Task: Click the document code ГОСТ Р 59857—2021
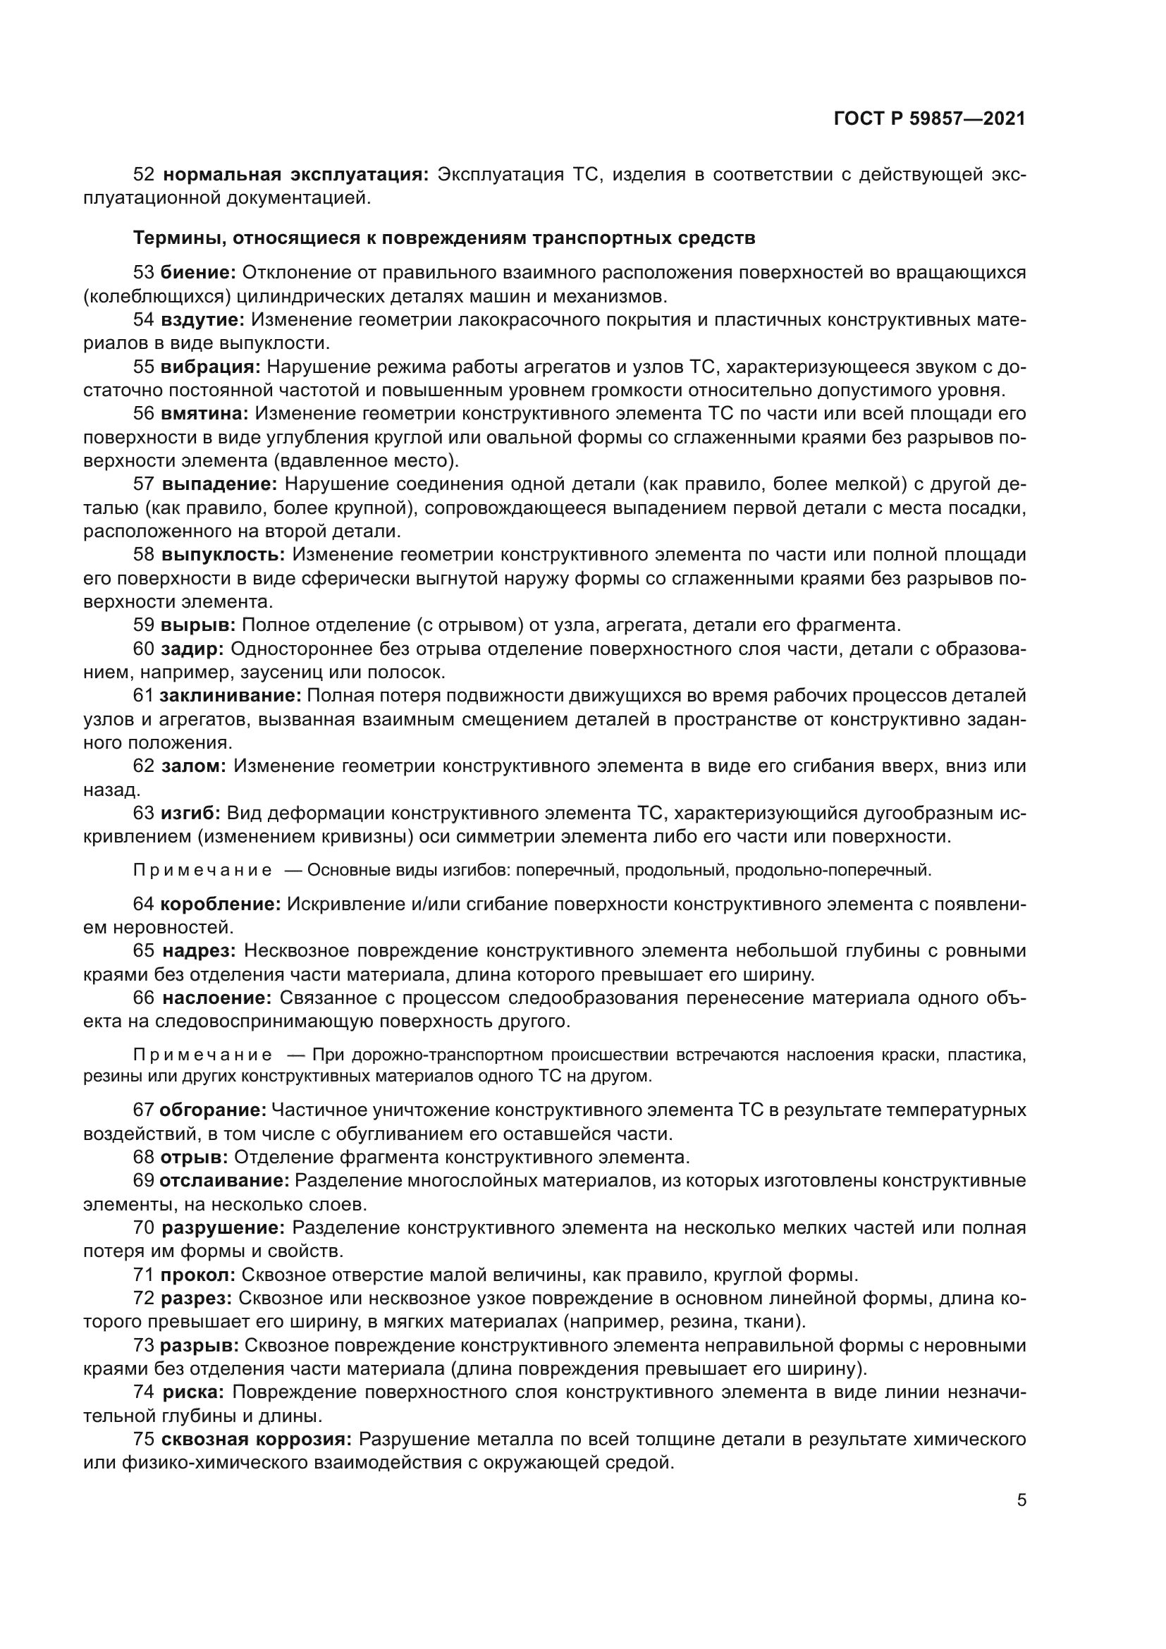click(929, 118)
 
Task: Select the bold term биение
click(198, 272)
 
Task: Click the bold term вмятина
click(204, 413)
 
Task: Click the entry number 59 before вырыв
click(144, 625)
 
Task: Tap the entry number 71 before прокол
click(144, 1275)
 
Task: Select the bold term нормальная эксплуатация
click(296, 175)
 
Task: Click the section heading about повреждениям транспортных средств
click(443, 238)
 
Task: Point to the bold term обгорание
click(212, 1110)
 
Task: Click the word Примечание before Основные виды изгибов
click(202, 871)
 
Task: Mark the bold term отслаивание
click(224, 1181)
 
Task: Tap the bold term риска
click(193, 1392)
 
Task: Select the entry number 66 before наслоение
click(144, 998)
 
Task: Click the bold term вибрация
click(210, 367)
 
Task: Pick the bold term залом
click(193, 766)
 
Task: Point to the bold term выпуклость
click(223, 554)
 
